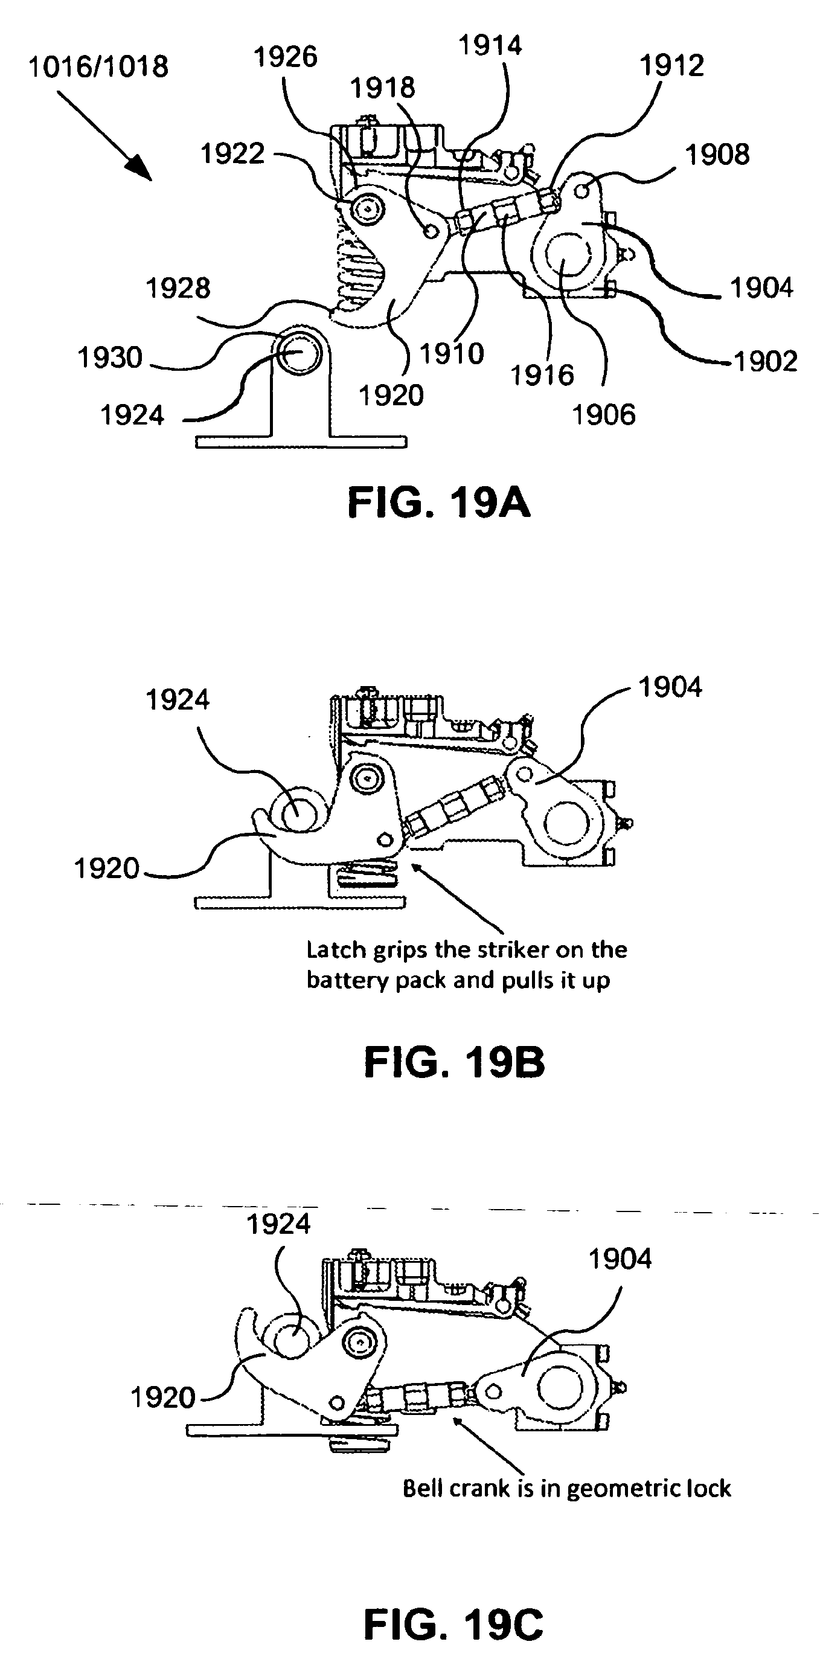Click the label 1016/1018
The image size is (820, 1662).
[x=98, y=67]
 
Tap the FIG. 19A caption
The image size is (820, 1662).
[x=439, y=504]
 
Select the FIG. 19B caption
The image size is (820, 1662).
[x=453, y=1063]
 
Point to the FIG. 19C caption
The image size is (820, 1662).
[x=453, y=1624]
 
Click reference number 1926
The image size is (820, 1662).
[x=285, y=57]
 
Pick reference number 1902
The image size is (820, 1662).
[x=766, y=361]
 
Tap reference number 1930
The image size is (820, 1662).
[x=110, y=358]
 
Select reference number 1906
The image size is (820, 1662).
[x=604, y=415]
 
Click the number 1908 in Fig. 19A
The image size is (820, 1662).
[x=717, y=155]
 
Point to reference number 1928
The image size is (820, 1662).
[x=178, y=289]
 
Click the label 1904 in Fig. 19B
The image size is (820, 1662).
[x=670, y=688]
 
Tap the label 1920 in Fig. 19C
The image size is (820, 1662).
[x=162, y=1397]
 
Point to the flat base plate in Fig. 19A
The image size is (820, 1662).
[x=301, y=442]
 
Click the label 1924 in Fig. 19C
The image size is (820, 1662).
[x=278, y=1224]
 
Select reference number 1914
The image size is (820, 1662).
[x=490, y=46]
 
